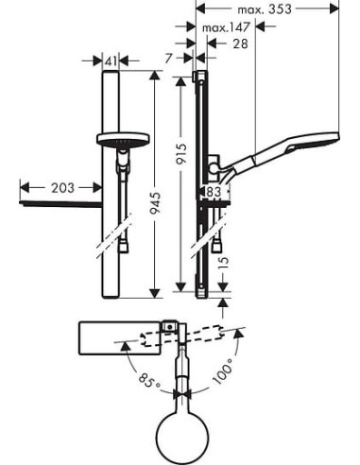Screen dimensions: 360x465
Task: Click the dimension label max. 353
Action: tap(265, 9)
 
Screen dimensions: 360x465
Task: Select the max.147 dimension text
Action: tap(226, 27)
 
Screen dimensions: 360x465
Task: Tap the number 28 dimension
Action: tap(240, 43)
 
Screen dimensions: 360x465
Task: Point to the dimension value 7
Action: tap(169, 59)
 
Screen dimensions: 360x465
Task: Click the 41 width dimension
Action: tap(111, 61)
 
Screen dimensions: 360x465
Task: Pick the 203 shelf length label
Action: tap(62, 188)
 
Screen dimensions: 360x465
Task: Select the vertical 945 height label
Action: tap(155, 203)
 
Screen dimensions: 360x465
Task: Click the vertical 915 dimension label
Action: tap(181, 154)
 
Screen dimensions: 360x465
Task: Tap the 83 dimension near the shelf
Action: tap(214, 192)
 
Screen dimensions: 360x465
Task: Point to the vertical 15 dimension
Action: tap(223, 262)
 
